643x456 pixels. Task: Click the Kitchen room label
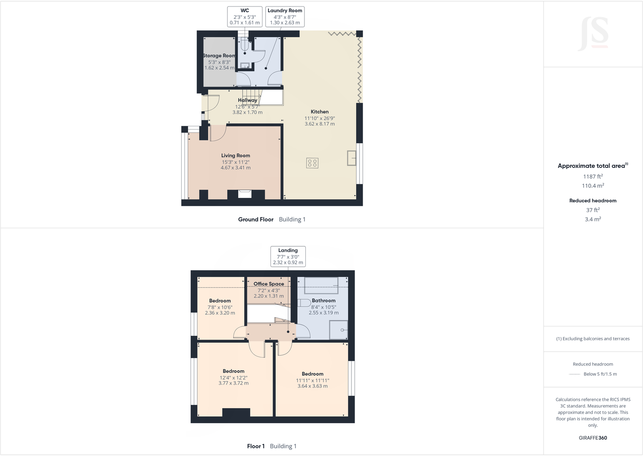point(319,112)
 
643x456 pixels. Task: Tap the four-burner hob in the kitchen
point(312,163)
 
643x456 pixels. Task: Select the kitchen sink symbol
point(351,158)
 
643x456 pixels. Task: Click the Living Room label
point(235,155)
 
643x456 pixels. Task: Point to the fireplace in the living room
point(245,194)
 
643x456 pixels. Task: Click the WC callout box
point(245,17)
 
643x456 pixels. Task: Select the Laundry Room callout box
point(285,17)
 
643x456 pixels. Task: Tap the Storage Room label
point(219,56)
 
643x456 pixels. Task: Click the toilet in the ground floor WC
point(245,46)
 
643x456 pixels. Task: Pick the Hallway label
point(247,100)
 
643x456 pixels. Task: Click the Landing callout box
point(288,257)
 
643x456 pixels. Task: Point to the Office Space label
point(269,284)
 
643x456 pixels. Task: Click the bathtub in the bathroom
point(321,285)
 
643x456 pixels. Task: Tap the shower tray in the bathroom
point(338,330)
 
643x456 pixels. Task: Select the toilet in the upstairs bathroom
point(303,303)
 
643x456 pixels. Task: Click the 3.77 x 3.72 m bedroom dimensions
point(233,383)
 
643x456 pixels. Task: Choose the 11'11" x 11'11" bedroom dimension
point(313,380)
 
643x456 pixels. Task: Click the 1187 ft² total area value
point(593,176)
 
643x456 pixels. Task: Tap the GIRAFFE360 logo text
point(593,438)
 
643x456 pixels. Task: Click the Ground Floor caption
point(256,220)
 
